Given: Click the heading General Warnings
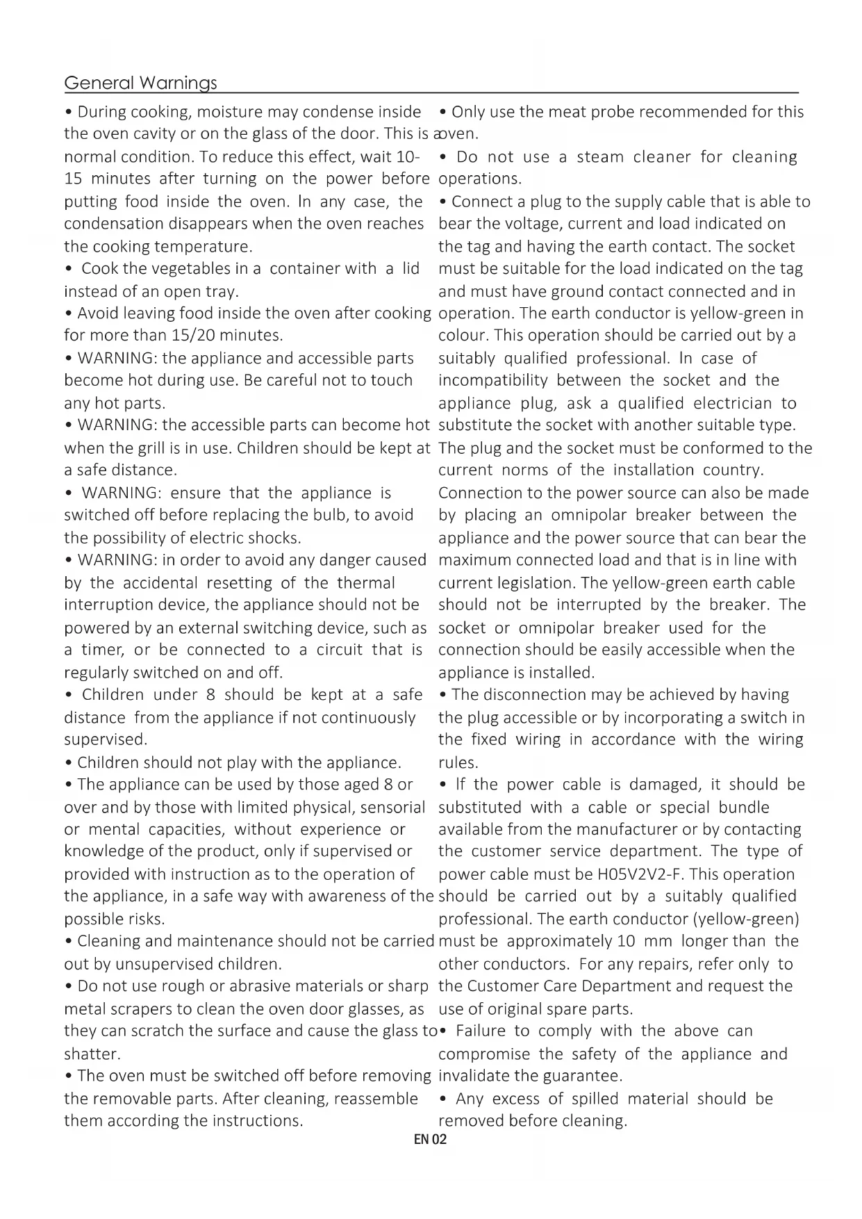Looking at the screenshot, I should click(140, 83).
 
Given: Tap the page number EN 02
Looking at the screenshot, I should click(431, 1139).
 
